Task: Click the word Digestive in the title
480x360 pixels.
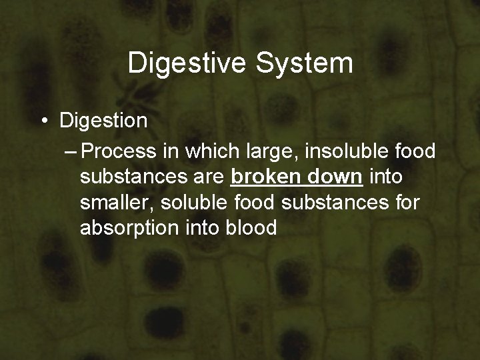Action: click(184, 64)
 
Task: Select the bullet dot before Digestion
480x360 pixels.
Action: click(43, 121)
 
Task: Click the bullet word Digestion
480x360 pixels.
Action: click(103, 121)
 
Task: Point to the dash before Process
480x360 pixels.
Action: click(71, 151)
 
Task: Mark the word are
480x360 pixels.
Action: click(208, 178)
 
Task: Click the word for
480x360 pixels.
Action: click(405, 202)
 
